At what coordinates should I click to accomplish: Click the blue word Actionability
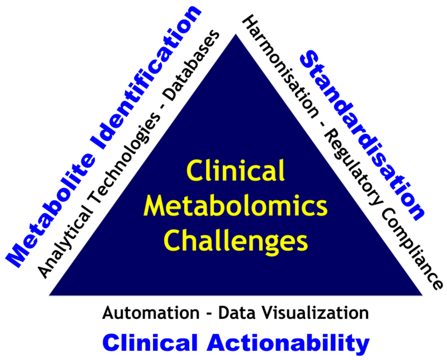tap(288, 343)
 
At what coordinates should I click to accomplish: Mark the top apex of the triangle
tap(236, 35)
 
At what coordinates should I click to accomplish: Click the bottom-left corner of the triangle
tap(50, 295)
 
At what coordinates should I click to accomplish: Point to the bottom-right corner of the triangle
tap(422, 295)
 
